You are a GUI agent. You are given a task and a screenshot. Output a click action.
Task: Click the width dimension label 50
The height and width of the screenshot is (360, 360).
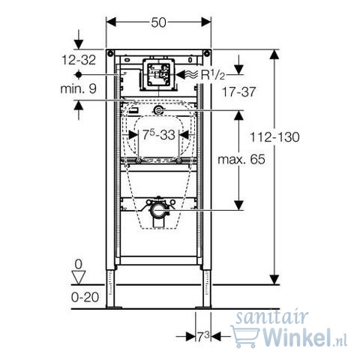coord(158,22)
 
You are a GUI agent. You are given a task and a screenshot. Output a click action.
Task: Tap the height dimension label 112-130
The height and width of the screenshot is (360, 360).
coord(274,137)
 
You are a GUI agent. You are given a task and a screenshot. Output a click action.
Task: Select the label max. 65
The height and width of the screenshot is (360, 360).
coord(241,160)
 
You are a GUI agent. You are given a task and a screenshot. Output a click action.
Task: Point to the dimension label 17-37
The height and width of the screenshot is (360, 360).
coord(239,91)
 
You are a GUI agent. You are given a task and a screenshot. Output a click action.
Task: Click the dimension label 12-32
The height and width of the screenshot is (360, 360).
coord(79,60)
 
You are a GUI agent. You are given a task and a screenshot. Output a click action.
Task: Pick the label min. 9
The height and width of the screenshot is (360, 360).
coord(79,88)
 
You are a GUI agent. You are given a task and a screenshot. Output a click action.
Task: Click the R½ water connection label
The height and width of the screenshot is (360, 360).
coord(213,75)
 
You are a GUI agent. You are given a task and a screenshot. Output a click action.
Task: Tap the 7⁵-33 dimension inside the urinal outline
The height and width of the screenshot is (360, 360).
coord(158,135)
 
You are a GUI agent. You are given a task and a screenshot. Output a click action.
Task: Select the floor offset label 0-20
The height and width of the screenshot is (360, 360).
coord(85,297)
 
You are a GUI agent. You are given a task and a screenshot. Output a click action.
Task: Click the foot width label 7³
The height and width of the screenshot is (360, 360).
coord(203,337)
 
